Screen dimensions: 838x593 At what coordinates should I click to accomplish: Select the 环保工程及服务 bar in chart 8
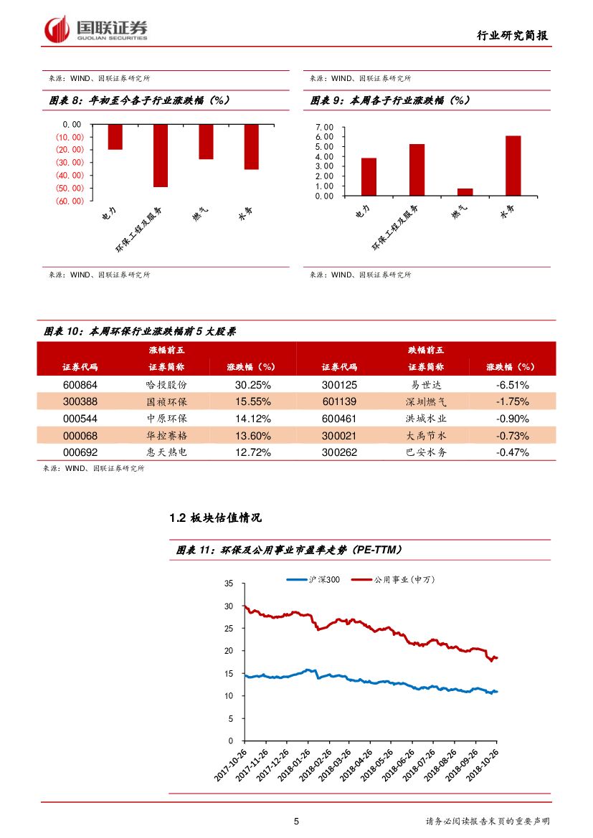click(x=160, y=156)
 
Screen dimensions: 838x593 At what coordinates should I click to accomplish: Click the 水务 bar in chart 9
click(x=513, y=166)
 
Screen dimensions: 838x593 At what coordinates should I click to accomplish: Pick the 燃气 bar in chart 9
click(x=465, y=191)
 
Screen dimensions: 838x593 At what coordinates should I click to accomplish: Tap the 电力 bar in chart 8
click(x=115, y=137)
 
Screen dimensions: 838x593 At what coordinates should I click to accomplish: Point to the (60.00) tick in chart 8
click(x=70, y=201)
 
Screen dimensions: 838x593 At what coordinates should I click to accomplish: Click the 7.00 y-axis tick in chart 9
click(x=325, y=127)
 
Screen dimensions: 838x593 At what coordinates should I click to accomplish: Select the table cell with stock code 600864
click(x=80, y=384)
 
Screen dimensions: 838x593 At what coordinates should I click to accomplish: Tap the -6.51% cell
click(x=512, y=384)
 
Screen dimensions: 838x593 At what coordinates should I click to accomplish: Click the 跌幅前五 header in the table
click(x=426, y=350)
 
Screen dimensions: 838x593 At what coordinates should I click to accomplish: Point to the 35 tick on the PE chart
click(x=229, y=584)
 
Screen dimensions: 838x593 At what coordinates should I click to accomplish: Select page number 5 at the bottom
click(x=296, y=822)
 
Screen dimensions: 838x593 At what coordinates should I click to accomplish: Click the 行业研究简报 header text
click(x=514, y=35)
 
